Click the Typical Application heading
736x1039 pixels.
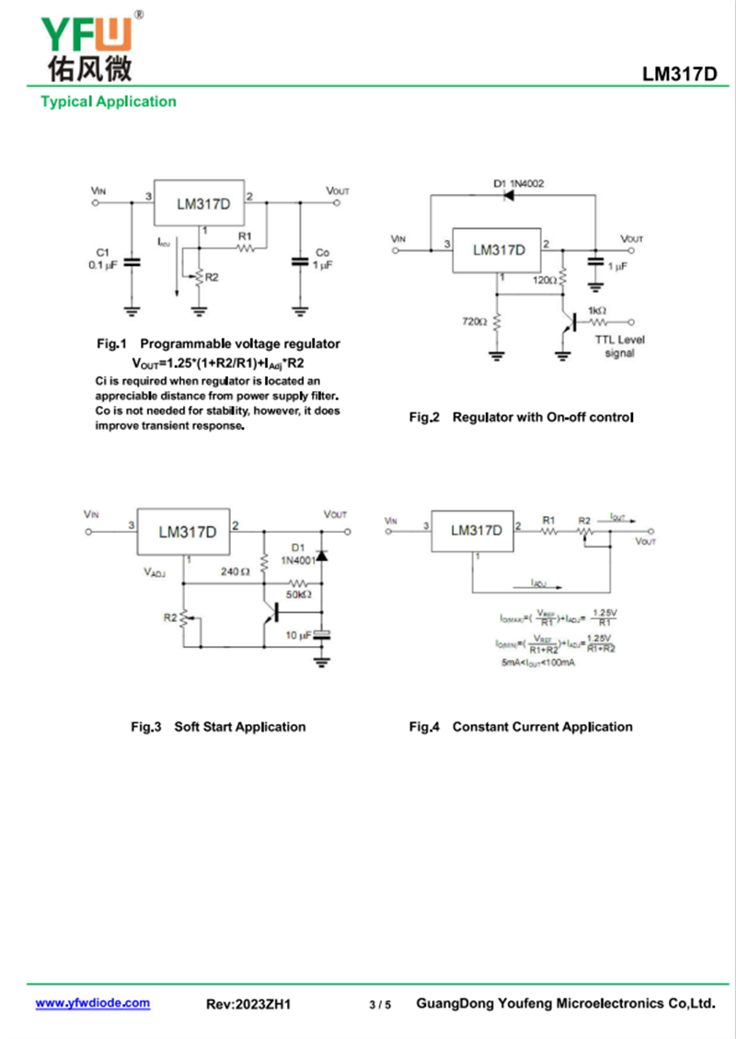point(109,101)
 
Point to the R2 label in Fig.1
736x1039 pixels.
point(212,276)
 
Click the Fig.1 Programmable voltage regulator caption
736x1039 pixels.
point(218,343)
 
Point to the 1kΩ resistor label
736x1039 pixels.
point(596,311)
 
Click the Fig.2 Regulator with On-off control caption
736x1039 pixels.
point(521,418)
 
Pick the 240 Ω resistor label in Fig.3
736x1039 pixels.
point(236,571)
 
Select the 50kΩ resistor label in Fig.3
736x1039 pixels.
point(299,595)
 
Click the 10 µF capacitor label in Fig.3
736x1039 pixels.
point(298,636)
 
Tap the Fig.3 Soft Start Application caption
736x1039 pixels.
point(217,727)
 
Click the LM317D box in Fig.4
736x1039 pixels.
point(477,531)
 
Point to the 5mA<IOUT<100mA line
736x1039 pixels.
point(538,663)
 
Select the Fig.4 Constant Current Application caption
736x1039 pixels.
point(521,727)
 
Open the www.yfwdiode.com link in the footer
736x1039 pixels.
point(92,1003)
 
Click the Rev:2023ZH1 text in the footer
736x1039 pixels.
point(248,1004)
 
